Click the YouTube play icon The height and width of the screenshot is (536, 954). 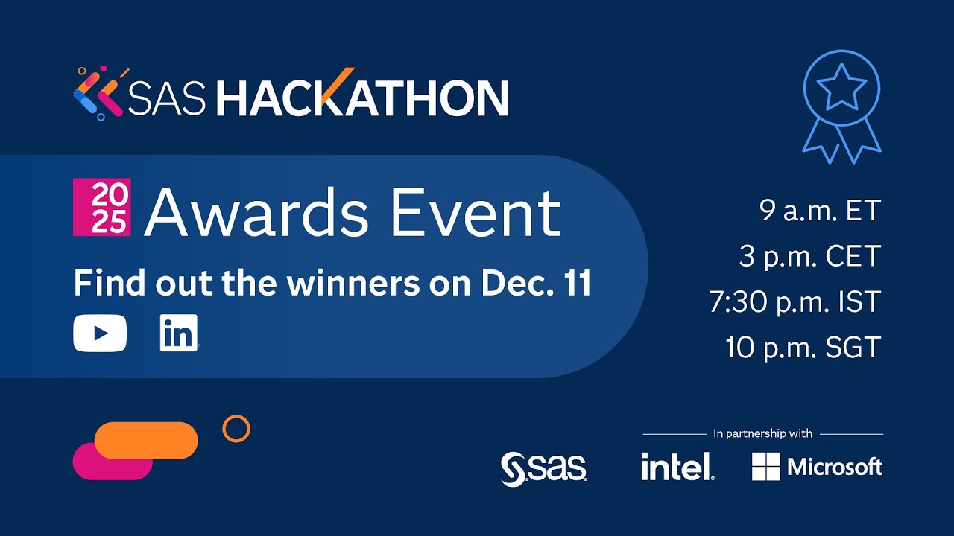[x=100, y=333]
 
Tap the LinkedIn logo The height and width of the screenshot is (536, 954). [x=179, y=333]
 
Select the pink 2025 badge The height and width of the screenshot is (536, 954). [x=102, y=207]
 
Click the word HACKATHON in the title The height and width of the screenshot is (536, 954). [x=362, y=97]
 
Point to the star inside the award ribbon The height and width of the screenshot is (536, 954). [x=841, y=87]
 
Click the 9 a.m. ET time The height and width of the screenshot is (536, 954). [x=820, y=211]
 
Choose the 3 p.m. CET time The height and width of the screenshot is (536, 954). [x=810, y=256]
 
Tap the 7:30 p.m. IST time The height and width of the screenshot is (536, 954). [x=795, y=302]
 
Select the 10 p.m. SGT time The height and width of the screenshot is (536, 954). [x=803, y=348]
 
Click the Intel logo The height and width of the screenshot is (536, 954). [x=677, y=467]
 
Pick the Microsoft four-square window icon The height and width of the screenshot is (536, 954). [x=766, y=467]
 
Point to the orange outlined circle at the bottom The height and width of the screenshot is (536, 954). [x=236, y=429]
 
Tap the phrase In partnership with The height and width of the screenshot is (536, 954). [x=762, y=433]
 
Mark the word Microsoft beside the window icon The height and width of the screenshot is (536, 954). [x=835, y=467]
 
